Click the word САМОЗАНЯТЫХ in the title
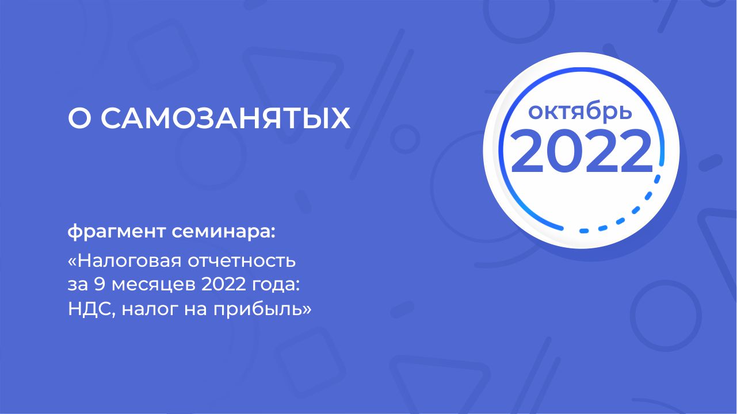226,118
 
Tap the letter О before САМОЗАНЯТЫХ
79,118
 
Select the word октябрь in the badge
580,111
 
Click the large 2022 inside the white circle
582,151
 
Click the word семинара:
223,232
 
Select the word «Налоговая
125,261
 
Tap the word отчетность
242,261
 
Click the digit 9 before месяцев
100,284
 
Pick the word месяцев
154,285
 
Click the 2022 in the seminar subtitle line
224,284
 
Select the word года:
276,285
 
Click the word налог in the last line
150,310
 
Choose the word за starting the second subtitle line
78,285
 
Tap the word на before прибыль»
196,310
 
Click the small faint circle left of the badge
405,139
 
